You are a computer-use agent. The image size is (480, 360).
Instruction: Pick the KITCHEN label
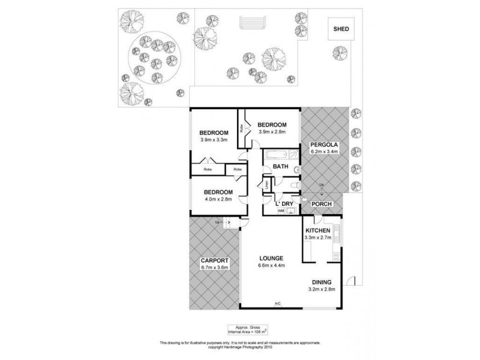317,231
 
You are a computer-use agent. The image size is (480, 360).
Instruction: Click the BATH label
280,166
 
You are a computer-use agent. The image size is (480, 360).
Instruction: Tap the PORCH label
322,204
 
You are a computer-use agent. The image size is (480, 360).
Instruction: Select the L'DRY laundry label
284,205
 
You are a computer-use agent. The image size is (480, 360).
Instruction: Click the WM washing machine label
280,211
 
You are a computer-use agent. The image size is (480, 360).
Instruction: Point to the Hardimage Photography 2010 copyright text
239,346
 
